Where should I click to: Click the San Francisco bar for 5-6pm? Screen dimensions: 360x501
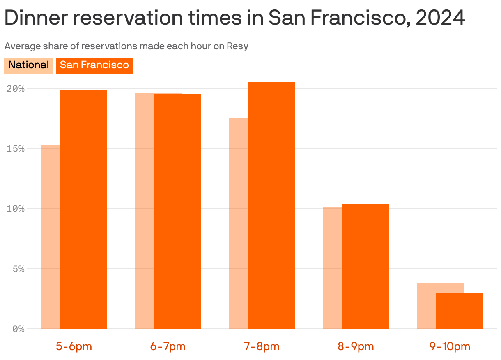[83, 210]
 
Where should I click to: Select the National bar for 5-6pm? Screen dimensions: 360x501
[51, 236]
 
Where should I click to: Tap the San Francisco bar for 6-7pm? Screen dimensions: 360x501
[177, 211]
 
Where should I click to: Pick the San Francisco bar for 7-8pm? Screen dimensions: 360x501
[271, 205]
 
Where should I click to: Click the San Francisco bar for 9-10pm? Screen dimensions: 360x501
[459, 311]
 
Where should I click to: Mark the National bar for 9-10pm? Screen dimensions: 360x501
[426, 306]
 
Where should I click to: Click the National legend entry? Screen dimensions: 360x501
[28, 65]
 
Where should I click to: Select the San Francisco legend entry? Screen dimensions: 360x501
[94, 65]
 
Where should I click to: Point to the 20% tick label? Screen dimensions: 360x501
[16, 88]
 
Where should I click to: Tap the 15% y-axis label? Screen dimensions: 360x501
[16, 148]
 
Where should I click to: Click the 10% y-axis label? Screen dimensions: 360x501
[16, 208]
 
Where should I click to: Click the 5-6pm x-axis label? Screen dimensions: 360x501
[74, 346]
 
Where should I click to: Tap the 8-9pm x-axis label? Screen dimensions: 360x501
[356, 346]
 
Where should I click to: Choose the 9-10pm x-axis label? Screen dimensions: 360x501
[450, 346]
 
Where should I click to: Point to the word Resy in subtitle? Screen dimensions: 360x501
[238, 46]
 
